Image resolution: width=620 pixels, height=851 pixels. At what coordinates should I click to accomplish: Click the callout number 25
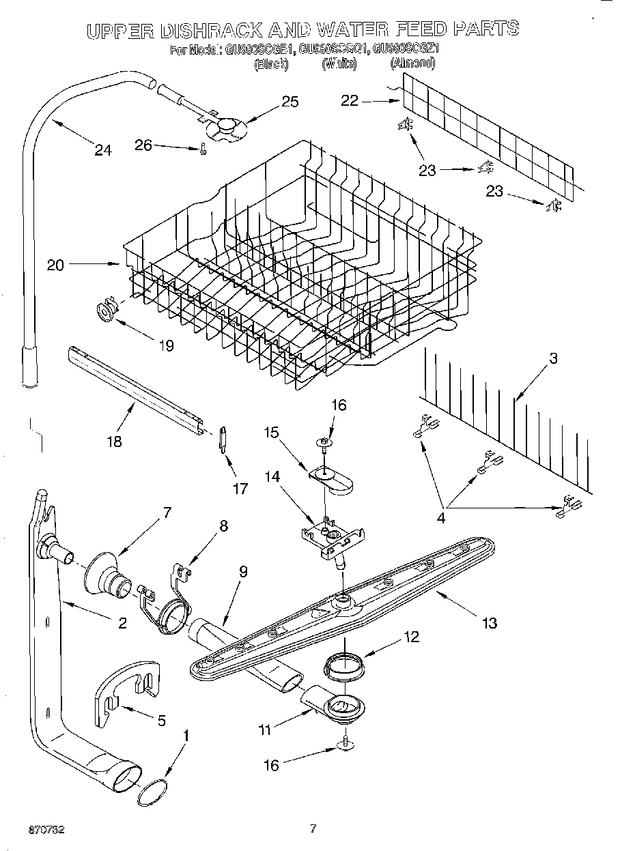pyautogui.click(x=290, y=102)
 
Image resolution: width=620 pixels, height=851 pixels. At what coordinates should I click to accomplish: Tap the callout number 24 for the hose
pyautogui.click(x=103, y=150)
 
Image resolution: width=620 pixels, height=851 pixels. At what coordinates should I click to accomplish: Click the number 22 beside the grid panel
pyautogui.click(x=350, y=100)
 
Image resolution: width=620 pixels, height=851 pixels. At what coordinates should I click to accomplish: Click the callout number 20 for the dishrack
pyautogui.click(x=55, y=265)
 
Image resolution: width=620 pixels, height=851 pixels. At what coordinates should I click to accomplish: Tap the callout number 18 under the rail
pyautogui.click(x=114, y=441)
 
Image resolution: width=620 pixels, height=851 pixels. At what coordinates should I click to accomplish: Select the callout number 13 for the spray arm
pyautogui.click(x=489, y=622)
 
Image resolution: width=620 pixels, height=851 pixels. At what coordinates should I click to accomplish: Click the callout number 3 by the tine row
pyautogui.click(x=552, y=358)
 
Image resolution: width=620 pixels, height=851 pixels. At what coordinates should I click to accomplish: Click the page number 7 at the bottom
pyautogui.click(x=313, y=829)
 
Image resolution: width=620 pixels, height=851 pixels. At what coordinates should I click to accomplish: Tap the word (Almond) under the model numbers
pyautogui.click(x=412, y=63)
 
